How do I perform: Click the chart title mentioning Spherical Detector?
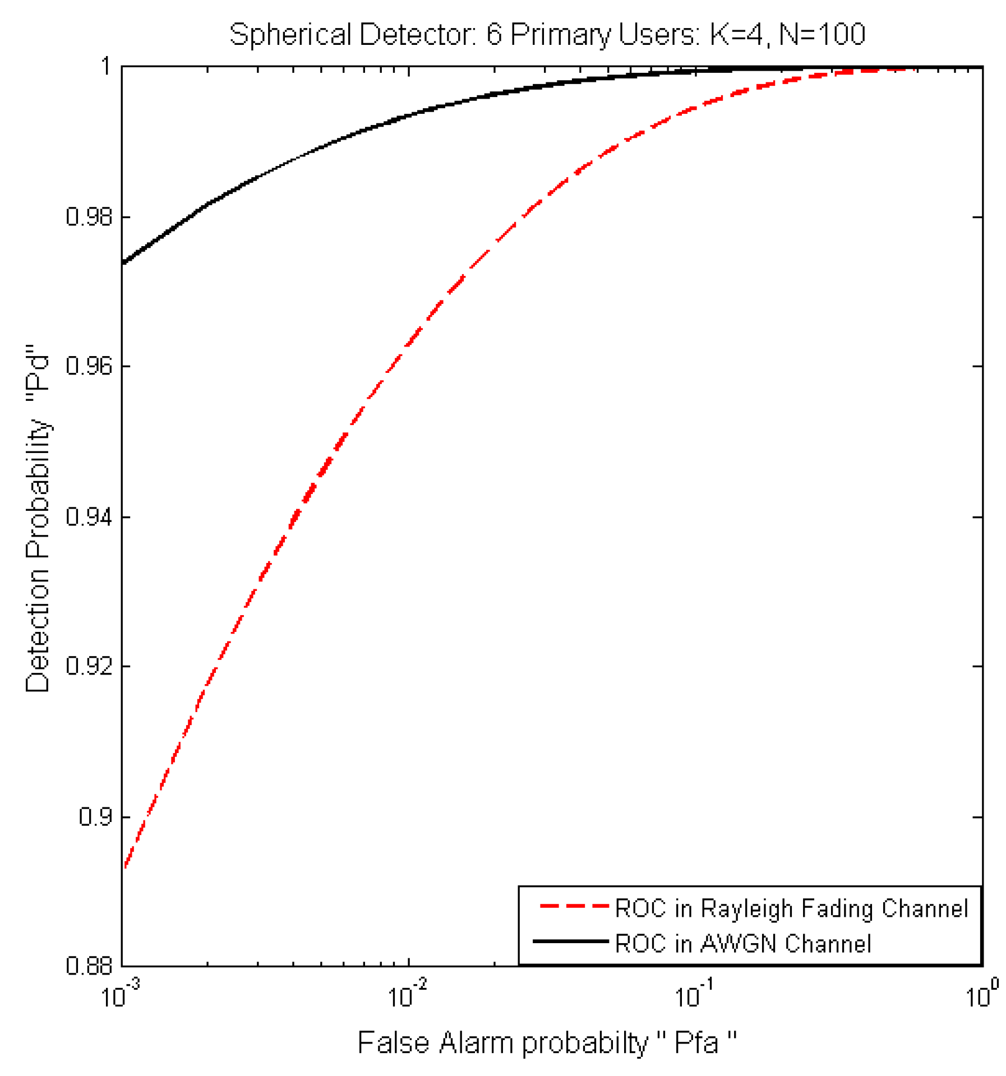pyautogui.click(x=547, y=34)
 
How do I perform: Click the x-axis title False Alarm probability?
pyautogui.click(x=547, y=1042)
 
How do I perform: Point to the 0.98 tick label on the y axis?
pyautogui.click(x=89, y=216)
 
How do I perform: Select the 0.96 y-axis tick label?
pyautogui.click(x=89, y=366)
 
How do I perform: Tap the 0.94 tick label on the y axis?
pyautogui.click(x=89, y=516)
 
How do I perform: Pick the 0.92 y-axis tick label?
pyautogui.click(x=89, y=666)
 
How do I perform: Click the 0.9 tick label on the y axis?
pyautogui.click(x=95, y=816)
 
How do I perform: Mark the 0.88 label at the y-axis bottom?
pyautogui.click(x=89, y=966)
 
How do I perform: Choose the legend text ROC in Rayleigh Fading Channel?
pyautogui.click(x=791, y=908)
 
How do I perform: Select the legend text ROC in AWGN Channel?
pyautogui.click(x=742, y=943)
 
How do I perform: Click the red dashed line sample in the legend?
pyautogui.click(x=573, y=906)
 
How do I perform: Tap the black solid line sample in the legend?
pyautogui.click(x=570, y=941)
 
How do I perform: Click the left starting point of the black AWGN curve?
pyautogui.click(x=124, y=262)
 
